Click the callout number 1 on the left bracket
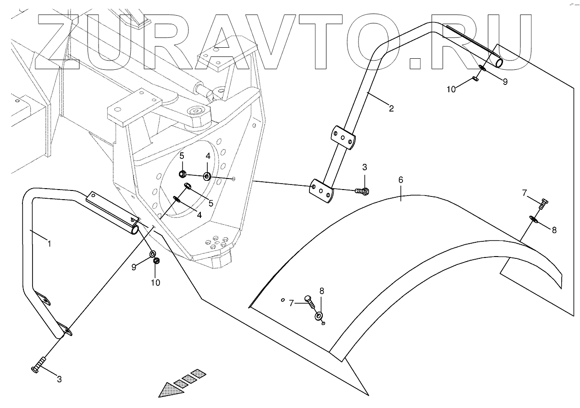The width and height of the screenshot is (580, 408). [x=49, y=244]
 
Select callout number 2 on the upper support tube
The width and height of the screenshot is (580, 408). [x=391, y=109]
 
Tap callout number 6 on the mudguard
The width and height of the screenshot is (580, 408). [x=401, y=180]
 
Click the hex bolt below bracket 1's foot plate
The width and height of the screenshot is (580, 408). [x=38, y=366]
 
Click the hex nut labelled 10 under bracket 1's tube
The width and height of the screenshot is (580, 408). [x=156, y=261]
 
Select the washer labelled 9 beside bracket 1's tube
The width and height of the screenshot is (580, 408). [x=153, y=254]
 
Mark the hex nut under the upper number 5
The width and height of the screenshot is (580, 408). [x=182, y=174]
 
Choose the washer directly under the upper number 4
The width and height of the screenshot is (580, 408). [x=207, y=175]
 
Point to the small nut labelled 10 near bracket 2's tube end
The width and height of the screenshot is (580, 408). [x=475, y=79]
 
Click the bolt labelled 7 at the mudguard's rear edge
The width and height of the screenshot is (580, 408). [x=542, y=204]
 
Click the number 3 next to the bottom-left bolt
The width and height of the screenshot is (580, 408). [x=59, y=379]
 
